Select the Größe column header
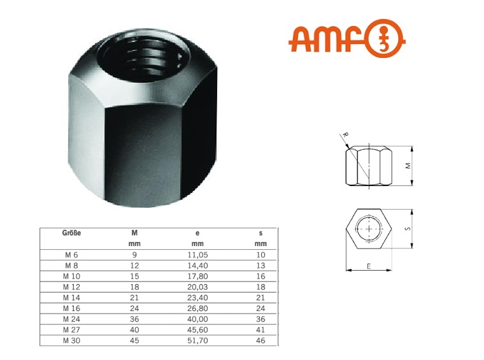coord(72,233)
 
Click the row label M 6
coord(71,254)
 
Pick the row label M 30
coord(71,341)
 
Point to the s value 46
coord(260,341)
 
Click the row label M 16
coord(71,308)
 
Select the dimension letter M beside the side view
coord(408,164)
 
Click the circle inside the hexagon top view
coord(370,229)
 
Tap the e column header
coord(197,233)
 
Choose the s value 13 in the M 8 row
coord(260,265)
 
